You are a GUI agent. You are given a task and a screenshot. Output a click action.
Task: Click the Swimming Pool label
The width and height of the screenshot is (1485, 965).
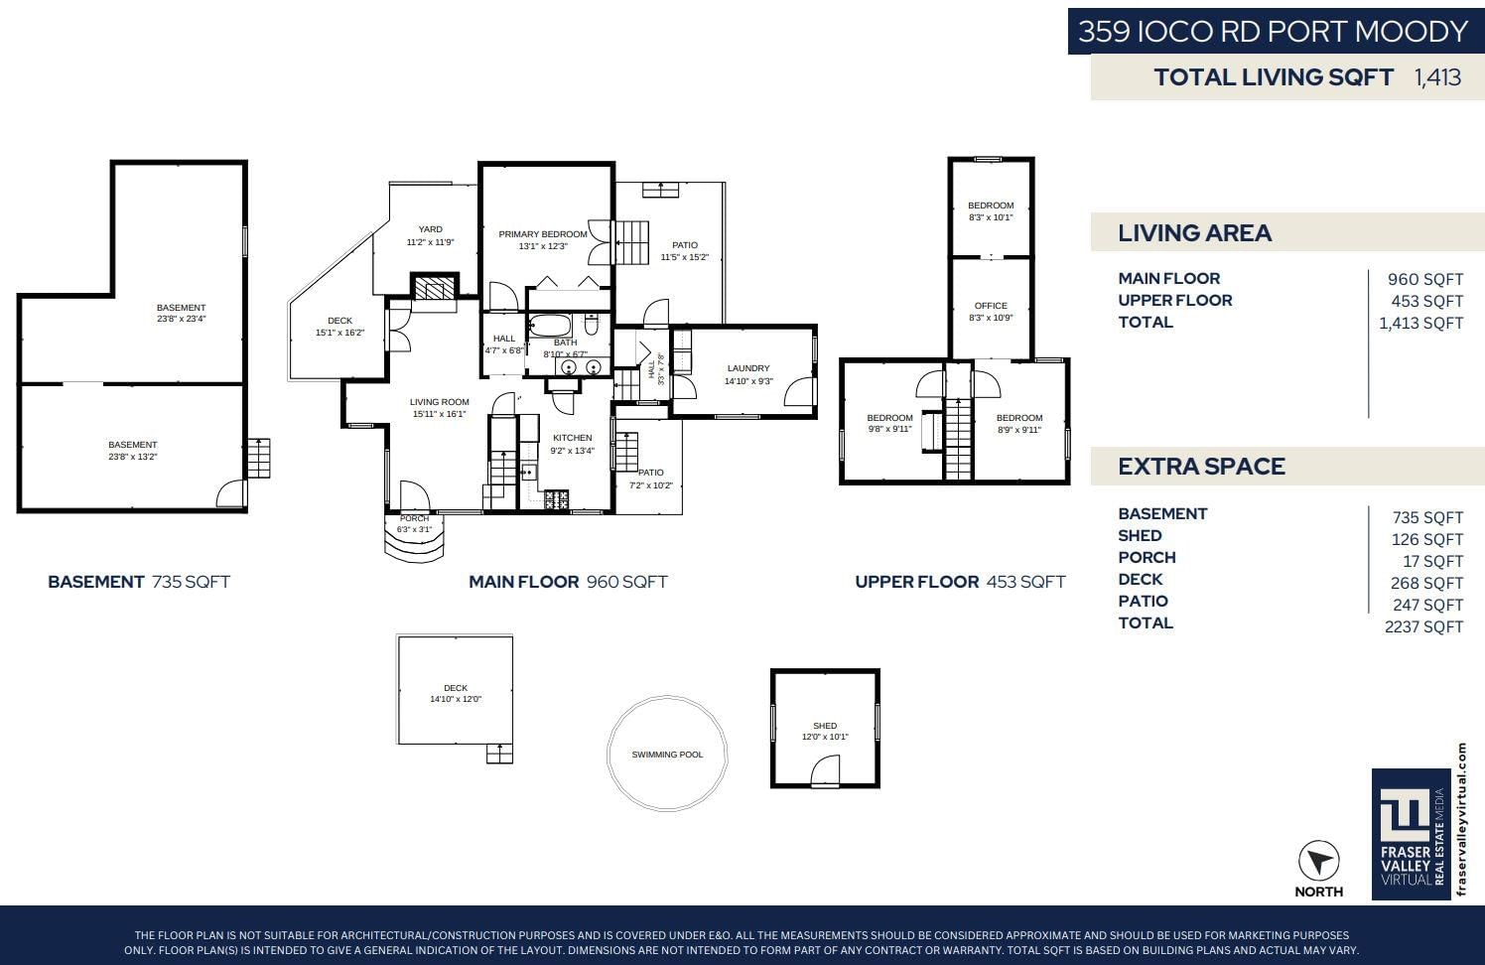pyautogui.click(x=667, y=755)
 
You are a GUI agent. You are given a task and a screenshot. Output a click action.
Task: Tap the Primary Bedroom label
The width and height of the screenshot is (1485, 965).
pyautogui.click(x=543, y=234)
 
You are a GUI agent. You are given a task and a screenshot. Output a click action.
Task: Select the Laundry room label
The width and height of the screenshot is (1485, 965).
pyautogui.click(x=748, y=368)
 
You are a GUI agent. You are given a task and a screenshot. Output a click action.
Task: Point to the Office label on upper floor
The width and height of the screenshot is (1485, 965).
pyautogui.click(x=991, y=306)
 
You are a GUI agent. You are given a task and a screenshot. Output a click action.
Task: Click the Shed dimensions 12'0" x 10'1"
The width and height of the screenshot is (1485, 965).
pyautogui.click(x=825, y=737)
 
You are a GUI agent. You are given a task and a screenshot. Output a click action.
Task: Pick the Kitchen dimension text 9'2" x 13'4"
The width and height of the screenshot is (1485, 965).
pyautogui.click(x=572, y=451)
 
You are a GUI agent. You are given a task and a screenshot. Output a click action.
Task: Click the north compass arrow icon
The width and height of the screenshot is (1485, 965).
pyautogui.click(x=1318, y=862)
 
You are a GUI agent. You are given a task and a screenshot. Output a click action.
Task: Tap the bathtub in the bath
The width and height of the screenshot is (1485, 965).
pyautogui.click(x=550, y=326)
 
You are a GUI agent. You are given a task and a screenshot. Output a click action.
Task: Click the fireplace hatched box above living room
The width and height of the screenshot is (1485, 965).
pyautogui.click(x=434, y=289)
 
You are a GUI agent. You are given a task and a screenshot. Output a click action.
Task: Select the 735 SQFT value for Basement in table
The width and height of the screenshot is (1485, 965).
pyautogui.click(x=1427, y=517)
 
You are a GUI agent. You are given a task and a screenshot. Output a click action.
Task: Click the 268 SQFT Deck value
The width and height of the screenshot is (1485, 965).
pyautogui.click(x=1426, y=583)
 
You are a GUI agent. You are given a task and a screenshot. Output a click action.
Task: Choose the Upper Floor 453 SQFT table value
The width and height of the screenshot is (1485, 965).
pyautogui.click(x=1426, y=301)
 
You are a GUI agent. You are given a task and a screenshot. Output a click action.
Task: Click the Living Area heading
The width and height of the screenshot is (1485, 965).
pyautogui.click(x=1194, y=232)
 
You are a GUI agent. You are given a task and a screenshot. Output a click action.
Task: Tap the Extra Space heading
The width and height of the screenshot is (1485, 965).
pyautogui.click(x=1201, y=467)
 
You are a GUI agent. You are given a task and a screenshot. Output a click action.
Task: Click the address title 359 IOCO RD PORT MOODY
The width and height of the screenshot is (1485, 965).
pyautogui.click(x=1273, y=31)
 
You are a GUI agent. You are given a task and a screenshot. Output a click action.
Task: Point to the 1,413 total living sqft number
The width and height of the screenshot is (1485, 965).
pyautogui.click(x=1437, y=76)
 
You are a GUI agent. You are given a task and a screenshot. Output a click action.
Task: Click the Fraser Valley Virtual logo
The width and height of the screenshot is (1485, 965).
pyautogui.click(x=1411, y=834)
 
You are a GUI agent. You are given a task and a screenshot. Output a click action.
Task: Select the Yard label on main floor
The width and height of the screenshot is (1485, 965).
pyautogui.click(x=430, y=229)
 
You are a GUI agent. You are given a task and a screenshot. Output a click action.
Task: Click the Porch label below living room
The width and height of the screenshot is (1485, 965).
pyautogui.click(x=414, y=518)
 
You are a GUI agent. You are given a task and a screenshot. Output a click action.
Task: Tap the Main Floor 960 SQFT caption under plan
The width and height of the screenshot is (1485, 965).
pyautogui.click(x=568, y=582)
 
